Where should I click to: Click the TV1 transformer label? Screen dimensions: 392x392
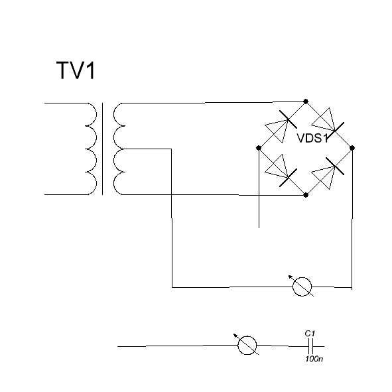tap(76, 70)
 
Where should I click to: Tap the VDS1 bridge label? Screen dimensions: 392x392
tap(312, 138)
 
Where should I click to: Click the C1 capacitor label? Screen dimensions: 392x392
tap(310, 333)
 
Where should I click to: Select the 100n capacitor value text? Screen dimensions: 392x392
tap(314, 359)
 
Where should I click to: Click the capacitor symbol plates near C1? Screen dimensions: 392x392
tap(310, 346)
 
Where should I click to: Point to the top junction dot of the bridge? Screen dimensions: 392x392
tap(306, 101)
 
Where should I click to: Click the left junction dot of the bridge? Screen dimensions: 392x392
tap(259, 148)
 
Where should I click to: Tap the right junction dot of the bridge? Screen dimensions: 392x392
tap(352, 148)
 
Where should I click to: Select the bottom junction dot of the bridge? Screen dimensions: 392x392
tap(306, 195)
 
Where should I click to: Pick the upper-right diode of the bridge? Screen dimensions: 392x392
tap(328, 123)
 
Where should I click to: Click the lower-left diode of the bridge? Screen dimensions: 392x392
tap(281, 170)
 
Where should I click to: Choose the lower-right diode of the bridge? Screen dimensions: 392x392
tap(328, 173)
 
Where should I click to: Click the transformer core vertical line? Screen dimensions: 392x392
tap(102, 149)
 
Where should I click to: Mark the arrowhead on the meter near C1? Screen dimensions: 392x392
tap(235, 336)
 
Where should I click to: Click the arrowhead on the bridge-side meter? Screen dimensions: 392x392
tap(291, 277)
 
